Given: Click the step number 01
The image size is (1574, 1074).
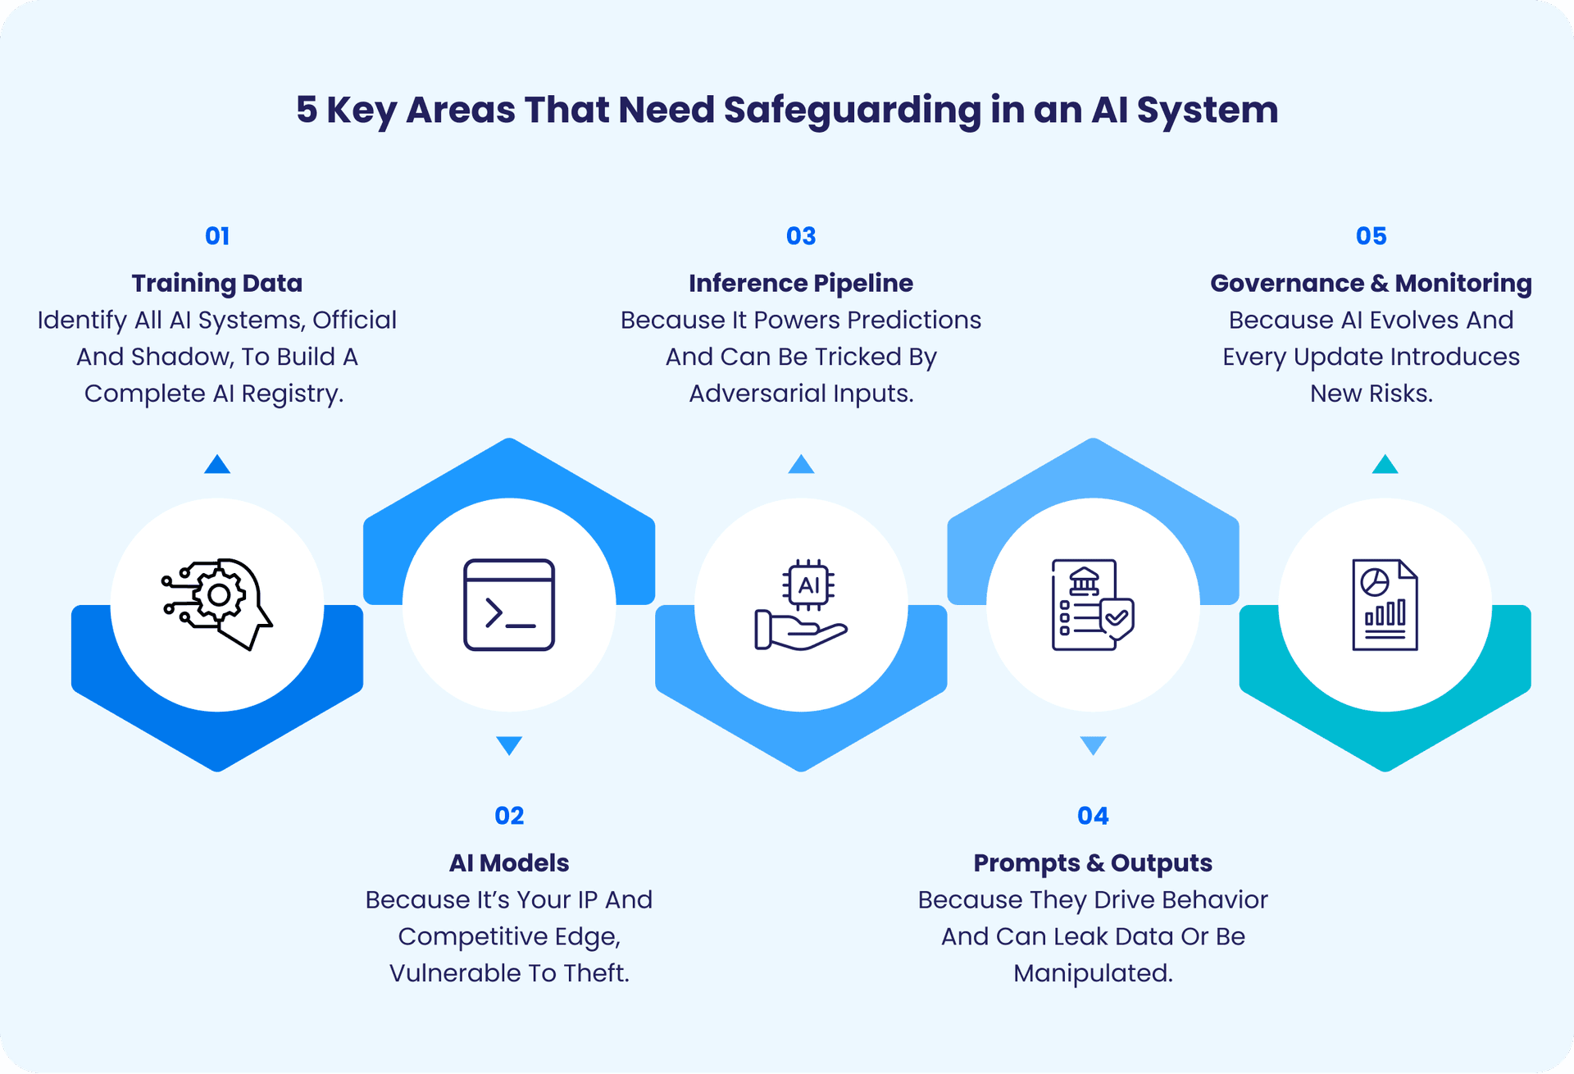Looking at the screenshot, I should click(217, 236).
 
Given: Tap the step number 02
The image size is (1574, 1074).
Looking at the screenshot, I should click(509, 816).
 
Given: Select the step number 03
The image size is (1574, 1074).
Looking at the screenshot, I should click(801, 236).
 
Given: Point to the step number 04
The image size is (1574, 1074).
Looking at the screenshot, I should click(1093, 816).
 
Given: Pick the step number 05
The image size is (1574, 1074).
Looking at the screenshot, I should click(1371, 236).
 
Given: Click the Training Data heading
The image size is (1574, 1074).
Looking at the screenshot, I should click(217, 283).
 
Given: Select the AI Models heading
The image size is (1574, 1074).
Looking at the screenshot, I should click(509, 862).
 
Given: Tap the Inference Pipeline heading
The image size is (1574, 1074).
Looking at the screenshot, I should click(801, 283).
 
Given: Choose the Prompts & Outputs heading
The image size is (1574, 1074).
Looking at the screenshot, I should click(1093, 862).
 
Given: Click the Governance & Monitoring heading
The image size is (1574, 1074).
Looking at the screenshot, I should click(1371, 283).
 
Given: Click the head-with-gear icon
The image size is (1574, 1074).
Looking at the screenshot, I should click(217, 604).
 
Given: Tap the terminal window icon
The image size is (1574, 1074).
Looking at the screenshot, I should click(509, 605).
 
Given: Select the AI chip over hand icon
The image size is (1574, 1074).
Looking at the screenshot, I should click(801, 605).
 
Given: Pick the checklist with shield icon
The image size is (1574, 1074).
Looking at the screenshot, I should click(1093, 605).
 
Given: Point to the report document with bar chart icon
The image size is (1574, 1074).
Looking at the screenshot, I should click(1385, 605).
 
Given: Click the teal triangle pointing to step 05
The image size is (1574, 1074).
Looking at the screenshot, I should click(1385, 466).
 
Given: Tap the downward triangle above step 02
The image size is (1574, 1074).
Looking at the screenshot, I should click(509, 744).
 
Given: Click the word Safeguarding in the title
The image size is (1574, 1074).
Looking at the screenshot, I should click(853, 111).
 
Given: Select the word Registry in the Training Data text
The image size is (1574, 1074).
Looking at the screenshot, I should click(291, 394).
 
